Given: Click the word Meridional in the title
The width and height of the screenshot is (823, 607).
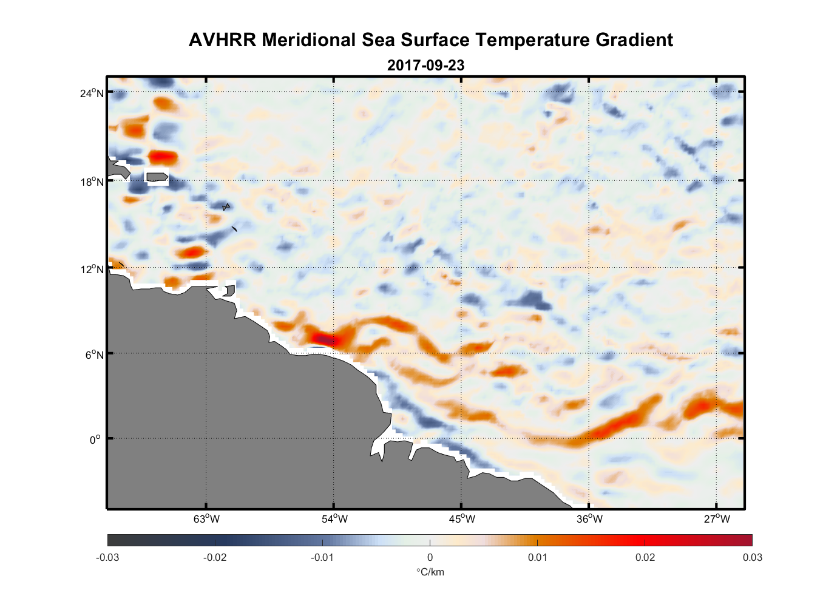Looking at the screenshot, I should coord(309,40).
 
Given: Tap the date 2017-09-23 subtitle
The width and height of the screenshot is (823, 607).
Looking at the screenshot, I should coord(425,66).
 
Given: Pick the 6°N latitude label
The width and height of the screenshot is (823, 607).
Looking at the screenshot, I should coord(95,354).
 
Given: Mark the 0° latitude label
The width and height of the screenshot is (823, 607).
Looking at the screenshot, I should coord(95,439).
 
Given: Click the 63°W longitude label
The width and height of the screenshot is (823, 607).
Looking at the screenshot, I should coord(207,519).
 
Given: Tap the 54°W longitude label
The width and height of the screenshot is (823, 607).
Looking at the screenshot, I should coord(334,519).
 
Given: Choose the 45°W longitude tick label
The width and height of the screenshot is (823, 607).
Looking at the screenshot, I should coord(462,519).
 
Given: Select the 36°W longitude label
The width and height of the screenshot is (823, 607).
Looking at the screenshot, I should coord(589,519).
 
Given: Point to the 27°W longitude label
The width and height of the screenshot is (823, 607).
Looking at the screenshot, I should coord(717,519).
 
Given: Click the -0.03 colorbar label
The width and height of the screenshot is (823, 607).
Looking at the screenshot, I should coord(107,558).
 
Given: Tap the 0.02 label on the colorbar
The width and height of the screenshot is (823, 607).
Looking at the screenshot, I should coord(645,558).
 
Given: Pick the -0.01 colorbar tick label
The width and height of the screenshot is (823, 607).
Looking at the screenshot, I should coord(322,558).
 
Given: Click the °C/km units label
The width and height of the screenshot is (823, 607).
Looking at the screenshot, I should coord(430,572).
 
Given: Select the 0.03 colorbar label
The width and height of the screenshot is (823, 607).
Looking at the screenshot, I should coord(752,558).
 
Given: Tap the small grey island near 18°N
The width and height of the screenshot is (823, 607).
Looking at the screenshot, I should coord(157,177).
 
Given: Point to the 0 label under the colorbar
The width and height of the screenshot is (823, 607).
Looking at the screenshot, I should coord(430,558).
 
